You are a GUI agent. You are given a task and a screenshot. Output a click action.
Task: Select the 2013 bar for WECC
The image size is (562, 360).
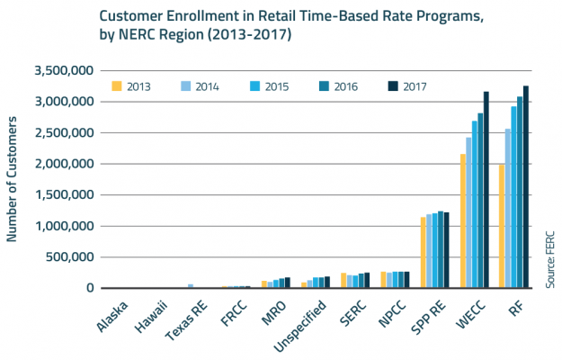pos(463,221)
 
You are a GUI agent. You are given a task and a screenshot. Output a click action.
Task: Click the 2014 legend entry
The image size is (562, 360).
pos(197,86)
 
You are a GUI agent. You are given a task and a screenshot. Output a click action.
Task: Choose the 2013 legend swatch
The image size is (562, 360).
pos(117,86)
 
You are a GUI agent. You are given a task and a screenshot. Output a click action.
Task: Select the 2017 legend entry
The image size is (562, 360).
pos(392,86)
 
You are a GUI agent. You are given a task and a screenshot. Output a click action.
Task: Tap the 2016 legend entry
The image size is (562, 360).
pos(328,86)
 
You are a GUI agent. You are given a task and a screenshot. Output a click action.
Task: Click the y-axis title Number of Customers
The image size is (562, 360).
pos(13,180)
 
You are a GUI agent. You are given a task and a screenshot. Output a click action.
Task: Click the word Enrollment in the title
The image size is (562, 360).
pos(204,16)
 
